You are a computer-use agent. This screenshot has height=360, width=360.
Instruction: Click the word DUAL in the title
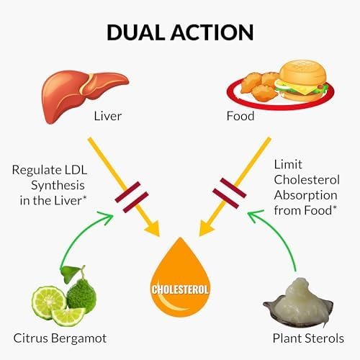136,32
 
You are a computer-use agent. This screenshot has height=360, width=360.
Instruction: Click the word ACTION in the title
212,32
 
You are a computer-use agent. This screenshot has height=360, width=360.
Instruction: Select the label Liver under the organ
108,116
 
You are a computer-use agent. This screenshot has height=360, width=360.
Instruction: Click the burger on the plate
301,81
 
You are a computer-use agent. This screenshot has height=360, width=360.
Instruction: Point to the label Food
240,116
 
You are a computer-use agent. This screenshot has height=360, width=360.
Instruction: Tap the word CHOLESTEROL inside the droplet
180,289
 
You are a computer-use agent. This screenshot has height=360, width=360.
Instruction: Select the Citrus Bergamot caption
60,338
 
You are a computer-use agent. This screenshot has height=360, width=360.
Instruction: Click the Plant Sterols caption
308,338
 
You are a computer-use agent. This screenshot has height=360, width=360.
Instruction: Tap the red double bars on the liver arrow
132,197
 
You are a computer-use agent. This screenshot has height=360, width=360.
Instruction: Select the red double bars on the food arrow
230,193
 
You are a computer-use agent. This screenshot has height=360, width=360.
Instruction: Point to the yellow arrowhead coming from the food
206,228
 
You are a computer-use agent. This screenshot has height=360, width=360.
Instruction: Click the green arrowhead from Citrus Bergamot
107,217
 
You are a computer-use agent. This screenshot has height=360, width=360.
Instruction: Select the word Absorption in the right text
305,195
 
